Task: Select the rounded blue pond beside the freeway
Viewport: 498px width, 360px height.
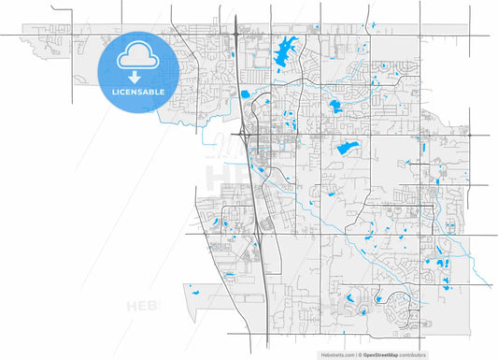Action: pos(245,94)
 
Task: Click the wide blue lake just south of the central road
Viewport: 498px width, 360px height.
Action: pos(348,147)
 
